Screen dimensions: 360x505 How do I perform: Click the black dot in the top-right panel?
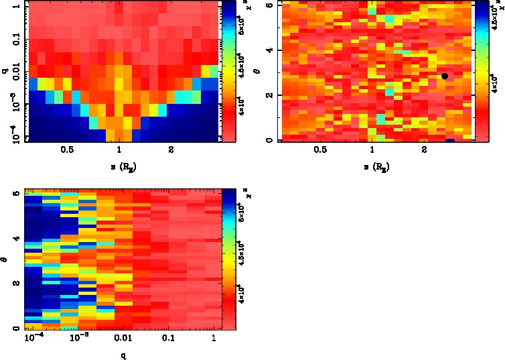(445, 76)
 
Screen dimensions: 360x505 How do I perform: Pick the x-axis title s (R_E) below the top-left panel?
(119, 166)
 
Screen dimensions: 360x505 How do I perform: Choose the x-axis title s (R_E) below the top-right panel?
(372, 166)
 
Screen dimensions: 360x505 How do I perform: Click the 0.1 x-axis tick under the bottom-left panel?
(167, 339)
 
